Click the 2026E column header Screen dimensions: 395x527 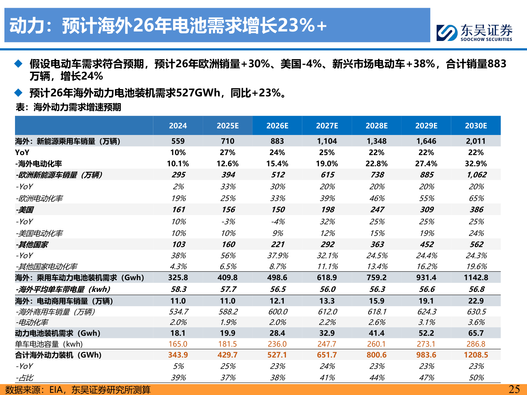coord(277,126)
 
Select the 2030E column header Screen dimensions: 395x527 coord(476,126)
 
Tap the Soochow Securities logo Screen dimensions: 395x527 coord(474,33)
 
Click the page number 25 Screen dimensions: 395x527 coord(514,389)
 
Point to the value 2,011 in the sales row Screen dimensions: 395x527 coord(476,141)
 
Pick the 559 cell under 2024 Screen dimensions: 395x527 coord(178,141)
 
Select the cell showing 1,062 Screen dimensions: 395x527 coord(476,175)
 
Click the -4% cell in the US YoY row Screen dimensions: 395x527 coord(277,222)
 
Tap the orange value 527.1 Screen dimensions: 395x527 coord(277,355)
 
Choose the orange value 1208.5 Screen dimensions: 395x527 coord(476,355)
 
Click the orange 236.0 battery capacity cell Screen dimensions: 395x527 coord(277,344)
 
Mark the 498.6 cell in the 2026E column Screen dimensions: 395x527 coord(277,278)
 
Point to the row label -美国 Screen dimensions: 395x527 coord(25,210)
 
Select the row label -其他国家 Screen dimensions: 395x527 coord(32,245)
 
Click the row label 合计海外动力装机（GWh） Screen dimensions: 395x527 coord(58,355)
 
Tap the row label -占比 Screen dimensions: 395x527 coord(25,377)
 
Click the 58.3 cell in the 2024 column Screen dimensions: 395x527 coord(179,289)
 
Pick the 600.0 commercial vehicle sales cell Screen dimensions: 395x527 coord(278,312)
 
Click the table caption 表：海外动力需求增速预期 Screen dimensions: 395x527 coord(68,107)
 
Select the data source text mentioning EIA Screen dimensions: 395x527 coord(78,390)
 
